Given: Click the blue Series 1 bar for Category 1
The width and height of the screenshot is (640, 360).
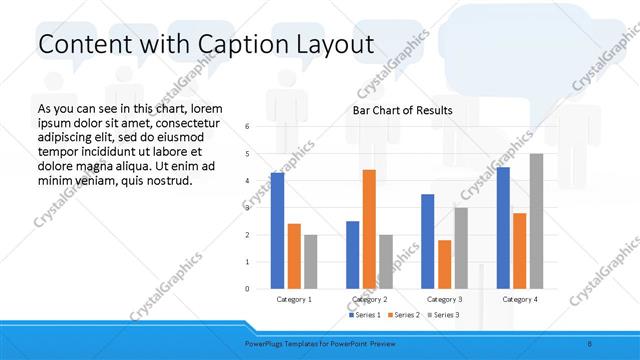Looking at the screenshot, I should (x=277, y=231).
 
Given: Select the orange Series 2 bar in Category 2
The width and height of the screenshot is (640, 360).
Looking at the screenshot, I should (x=369, y=229).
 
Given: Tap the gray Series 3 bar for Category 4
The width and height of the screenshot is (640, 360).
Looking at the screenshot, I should (x=537, y=221).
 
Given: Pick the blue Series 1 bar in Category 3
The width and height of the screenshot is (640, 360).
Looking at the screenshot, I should (x=428, y=241).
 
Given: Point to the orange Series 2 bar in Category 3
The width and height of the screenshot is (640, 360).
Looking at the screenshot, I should (x=445, y=264).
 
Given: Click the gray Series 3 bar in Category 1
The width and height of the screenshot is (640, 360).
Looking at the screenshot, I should (x=311, y=262).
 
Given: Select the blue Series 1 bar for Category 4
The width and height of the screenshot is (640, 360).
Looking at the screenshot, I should (x=503, y=228).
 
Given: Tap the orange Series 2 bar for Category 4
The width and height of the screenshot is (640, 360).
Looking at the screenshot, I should (x=520, y=250).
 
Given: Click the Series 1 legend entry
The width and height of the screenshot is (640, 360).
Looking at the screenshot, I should (x=366, y=315).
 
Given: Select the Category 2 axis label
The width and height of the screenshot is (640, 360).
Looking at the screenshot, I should (x=369, y=299).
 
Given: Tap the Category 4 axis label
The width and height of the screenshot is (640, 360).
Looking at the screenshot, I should (x=520, y=299).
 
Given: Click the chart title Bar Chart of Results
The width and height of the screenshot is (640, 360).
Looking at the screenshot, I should (x=402, y=110).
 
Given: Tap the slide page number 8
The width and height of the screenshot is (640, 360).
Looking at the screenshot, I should (x=589, y=343).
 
